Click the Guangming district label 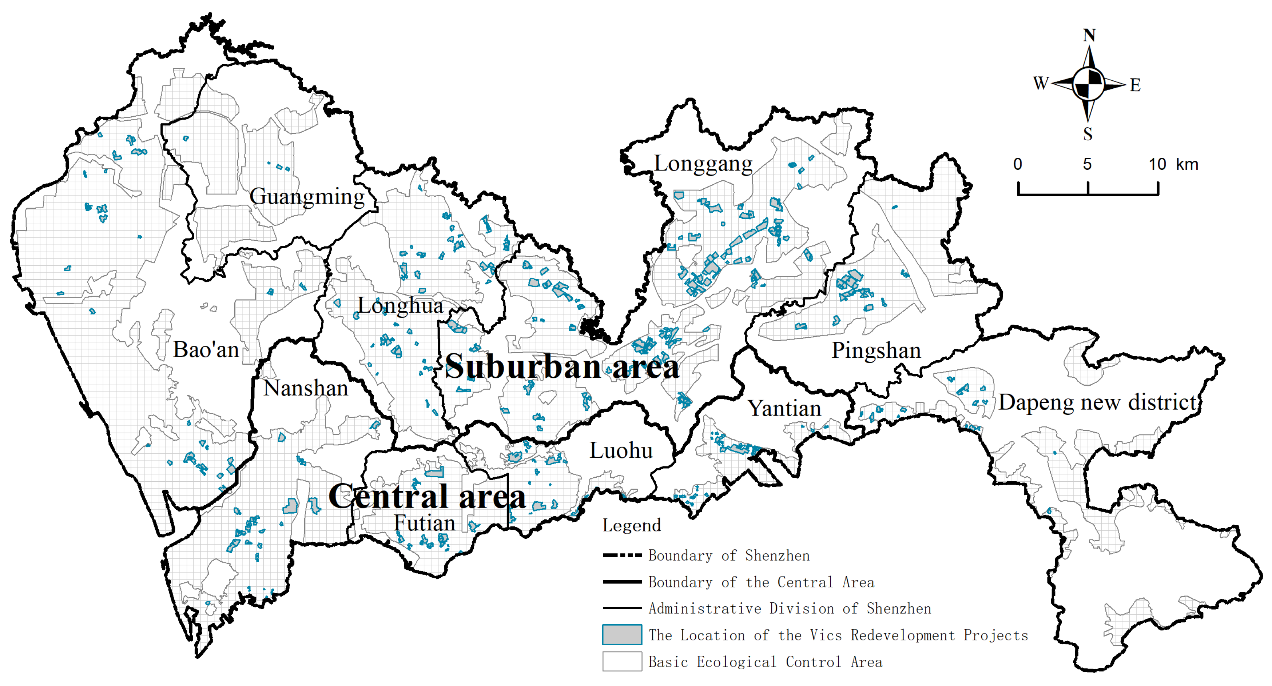pos(307,196)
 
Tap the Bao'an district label pos(206,350)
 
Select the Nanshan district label pos(305,388)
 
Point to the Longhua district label pos(400,305)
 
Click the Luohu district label pos(621,450)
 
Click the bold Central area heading pos(427,497)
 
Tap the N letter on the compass pos(1089,36)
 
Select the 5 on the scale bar pos(1087,164)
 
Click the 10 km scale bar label pos(1173,164)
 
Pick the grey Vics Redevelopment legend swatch pos(622,635)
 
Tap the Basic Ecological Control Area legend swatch pos(622,661)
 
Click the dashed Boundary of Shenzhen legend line pos(622,555)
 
